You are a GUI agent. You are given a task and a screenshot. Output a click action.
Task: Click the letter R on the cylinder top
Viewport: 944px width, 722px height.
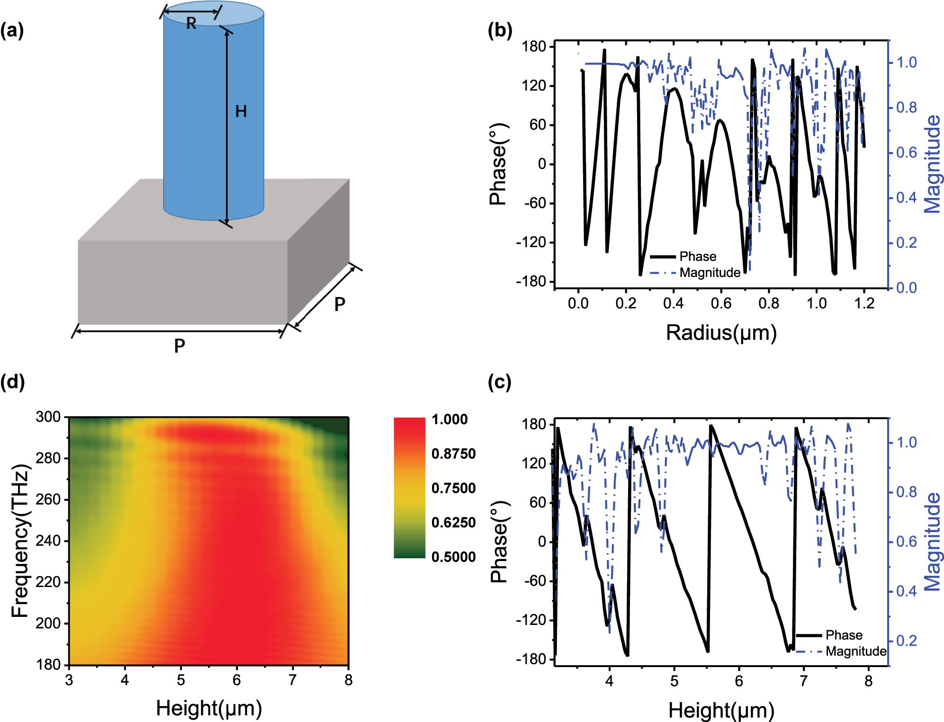[x=191, y=23]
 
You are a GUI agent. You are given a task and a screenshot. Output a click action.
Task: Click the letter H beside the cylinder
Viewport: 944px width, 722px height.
[x=241, y=112]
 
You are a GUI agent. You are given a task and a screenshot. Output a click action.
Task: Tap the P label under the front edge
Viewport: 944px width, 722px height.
[x=179, y=346]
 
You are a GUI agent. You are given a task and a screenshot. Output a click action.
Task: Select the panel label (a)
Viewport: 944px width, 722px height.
[x=12, y=31]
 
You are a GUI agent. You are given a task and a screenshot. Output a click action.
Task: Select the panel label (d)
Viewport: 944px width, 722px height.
[x=12, y=382]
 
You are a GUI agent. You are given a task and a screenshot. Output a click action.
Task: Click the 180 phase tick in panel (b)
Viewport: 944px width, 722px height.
[x=534, y=46]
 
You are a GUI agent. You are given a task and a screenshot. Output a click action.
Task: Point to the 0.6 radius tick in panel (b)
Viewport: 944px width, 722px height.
[x=721, y=303]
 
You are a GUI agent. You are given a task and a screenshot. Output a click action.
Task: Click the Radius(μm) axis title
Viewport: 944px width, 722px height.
[x=721, y=333]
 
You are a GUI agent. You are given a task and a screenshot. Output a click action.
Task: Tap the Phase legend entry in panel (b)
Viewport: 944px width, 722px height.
[x=697, y=257]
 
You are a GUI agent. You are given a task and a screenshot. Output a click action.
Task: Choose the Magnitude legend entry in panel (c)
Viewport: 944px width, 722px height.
[x=855, y=651]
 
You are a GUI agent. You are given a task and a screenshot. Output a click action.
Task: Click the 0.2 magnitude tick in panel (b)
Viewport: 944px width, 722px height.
[x=906, y=243]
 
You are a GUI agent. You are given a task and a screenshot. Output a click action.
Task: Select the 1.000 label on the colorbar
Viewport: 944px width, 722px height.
[x=450, y=419]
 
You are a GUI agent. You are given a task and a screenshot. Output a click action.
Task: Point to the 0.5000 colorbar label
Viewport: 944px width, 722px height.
[x=453, y=557]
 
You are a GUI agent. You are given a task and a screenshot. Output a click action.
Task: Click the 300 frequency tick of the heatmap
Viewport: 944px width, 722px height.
[x=48, y=417]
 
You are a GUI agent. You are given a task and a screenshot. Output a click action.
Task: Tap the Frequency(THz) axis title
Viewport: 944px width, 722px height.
[x=21, y=541]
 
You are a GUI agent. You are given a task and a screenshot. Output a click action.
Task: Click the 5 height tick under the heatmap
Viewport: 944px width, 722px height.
[x=180, y=680]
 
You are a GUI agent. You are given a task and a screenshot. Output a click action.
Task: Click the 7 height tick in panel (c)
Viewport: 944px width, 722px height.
[x=803, y=681]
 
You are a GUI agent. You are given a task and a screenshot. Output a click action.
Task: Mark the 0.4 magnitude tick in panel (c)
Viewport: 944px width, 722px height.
[x=906, y=591]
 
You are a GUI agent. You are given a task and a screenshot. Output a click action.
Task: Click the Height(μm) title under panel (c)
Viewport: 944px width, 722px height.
[x=721, y=711]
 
